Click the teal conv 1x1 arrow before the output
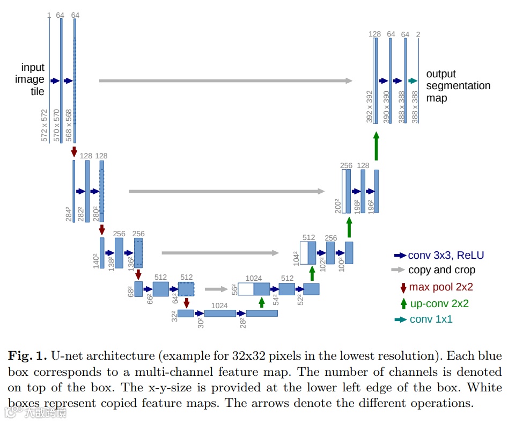pos(413,81)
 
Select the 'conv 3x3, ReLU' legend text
pos(445,255)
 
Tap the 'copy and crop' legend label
pos(441,270)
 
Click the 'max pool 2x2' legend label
pos(441,287)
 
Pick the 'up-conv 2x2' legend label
pos(439,303)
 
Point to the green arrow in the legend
pos(403,303)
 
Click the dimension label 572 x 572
pos(45,126)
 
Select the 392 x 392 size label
pos(369,106)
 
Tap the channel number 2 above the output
pos(418,34)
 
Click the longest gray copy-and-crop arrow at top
pos(225,81)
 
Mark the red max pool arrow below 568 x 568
pos(74,152)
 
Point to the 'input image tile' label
pos(33,79)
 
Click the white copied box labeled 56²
pos(246,289)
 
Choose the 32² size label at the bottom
pos(174,316)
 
